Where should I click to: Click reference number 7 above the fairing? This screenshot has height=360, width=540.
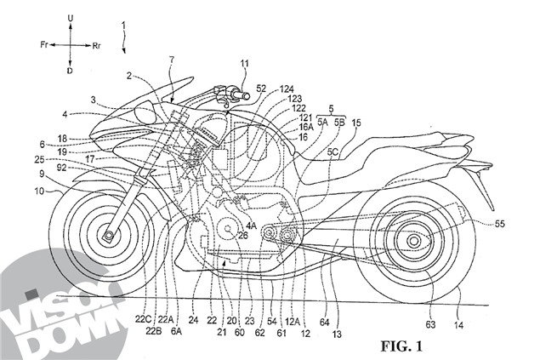(x=172, y=61)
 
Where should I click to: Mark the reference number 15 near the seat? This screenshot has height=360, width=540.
(x=356, y=123)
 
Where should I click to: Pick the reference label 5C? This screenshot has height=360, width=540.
(x=335, y=152)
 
